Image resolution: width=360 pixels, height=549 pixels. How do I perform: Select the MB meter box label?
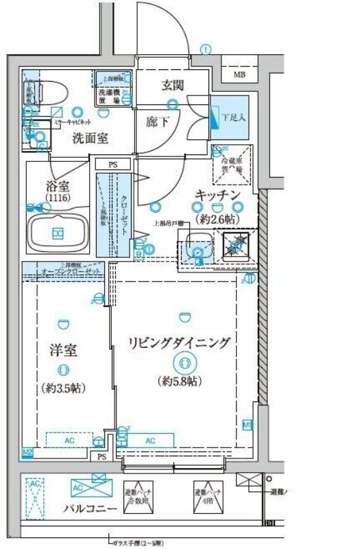point(240,74)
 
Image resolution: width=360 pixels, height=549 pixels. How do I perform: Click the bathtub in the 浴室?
point(59,233)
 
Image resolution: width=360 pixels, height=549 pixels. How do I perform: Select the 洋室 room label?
point(62,351)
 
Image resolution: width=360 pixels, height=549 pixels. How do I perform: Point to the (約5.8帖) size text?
point(182,380)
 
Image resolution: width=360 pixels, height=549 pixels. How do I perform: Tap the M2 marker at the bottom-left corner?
point(27,452)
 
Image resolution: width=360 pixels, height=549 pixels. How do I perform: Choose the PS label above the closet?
point(112,165)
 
